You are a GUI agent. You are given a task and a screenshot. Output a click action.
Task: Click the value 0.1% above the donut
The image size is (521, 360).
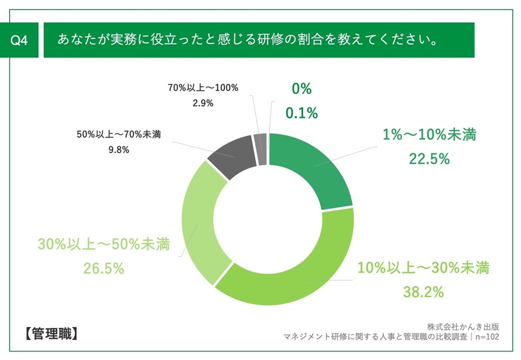coord(302,113)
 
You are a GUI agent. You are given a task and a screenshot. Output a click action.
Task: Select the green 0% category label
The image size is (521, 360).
coord(302,89)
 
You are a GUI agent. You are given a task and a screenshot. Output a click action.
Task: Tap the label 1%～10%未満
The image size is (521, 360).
coord(429,135)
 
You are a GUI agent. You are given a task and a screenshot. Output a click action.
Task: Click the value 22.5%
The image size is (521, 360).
coord(429,159)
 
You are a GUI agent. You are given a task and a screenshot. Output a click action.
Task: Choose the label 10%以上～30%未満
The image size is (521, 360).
coord(423,269)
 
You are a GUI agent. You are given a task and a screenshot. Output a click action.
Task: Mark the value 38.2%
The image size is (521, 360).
coord(423,292)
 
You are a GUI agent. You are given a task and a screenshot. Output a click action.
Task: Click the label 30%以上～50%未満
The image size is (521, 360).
coord(104,245)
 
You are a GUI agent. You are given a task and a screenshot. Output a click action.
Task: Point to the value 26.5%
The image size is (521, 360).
coord(104,269)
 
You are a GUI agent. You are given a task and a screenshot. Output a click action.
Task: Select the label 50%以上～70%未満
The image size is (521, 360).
coord(120,134)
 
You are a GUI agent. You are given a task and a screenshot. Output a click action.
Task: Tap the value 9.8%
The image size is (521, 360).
coord(120,150)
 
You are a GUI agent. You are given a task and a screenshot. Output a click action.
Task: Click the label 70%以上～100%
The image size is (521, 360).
coord(202,88)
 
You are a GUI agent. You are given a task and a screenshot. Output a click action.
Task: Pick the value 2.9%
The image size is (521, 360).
coord(202,103)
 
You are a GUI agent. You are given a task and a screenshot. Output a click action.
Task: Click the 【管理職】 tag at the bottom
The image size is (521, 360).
coord(52,335)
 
